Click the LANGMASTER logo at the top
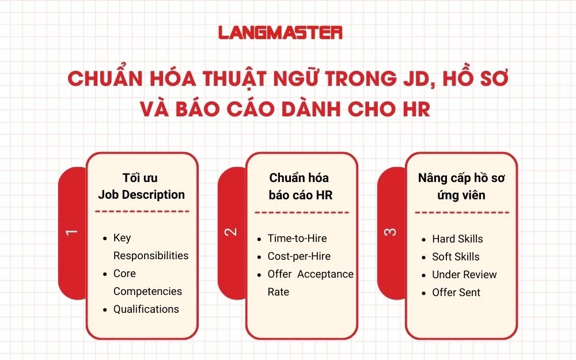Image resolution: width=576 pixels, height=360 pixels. [x=281, y=32]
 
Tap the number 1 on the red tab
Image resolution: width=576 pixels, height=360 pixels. [x=71, y=232]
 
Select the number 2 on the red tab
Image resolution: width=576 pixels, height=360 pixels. [x=230, y=232]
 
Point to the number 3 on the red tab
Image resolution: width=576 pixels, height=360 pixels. [x=390, y=232]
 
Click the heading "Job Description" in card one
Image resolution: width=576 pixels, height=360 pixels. [x=141, y=195]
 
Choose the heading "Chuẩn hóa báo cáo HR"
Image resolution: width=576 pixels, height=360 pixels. [x=300, y=187]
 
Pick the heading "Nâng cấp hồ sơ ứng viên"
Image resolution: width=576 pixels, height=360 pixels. [x=461, y=187]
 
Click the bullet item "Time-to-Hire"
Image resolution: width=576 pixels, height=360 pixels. [x=297, y=238]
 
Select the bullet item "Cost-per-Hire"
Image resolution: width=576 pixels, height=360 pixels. [x=299, y=256]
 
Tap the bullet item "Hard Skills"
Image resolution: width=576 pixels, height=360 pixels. [x=457, y=239]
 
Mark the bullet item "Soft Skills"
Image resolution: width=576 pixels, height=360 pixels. [x=456, y=257]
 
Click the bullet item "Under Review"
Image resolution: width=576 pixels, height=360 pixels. [x=464, y=275]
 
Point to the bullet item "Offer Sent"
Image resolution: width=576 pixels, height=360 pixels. [x=456, y=293]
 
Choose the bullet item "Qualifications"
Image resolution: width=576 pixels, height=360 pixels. [x=146, y=309]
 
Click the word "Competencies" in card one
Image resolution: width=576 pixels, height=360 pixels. [x=147, y=291]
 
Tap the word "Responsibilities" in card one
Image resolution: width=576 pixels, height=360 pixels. [x=150, y=256]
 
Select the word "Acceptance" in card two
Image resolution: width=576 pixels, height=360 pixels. [x=325, y=274]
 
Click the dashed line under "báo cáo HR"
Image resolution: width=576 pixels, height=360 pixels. [x=300, y=213]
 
